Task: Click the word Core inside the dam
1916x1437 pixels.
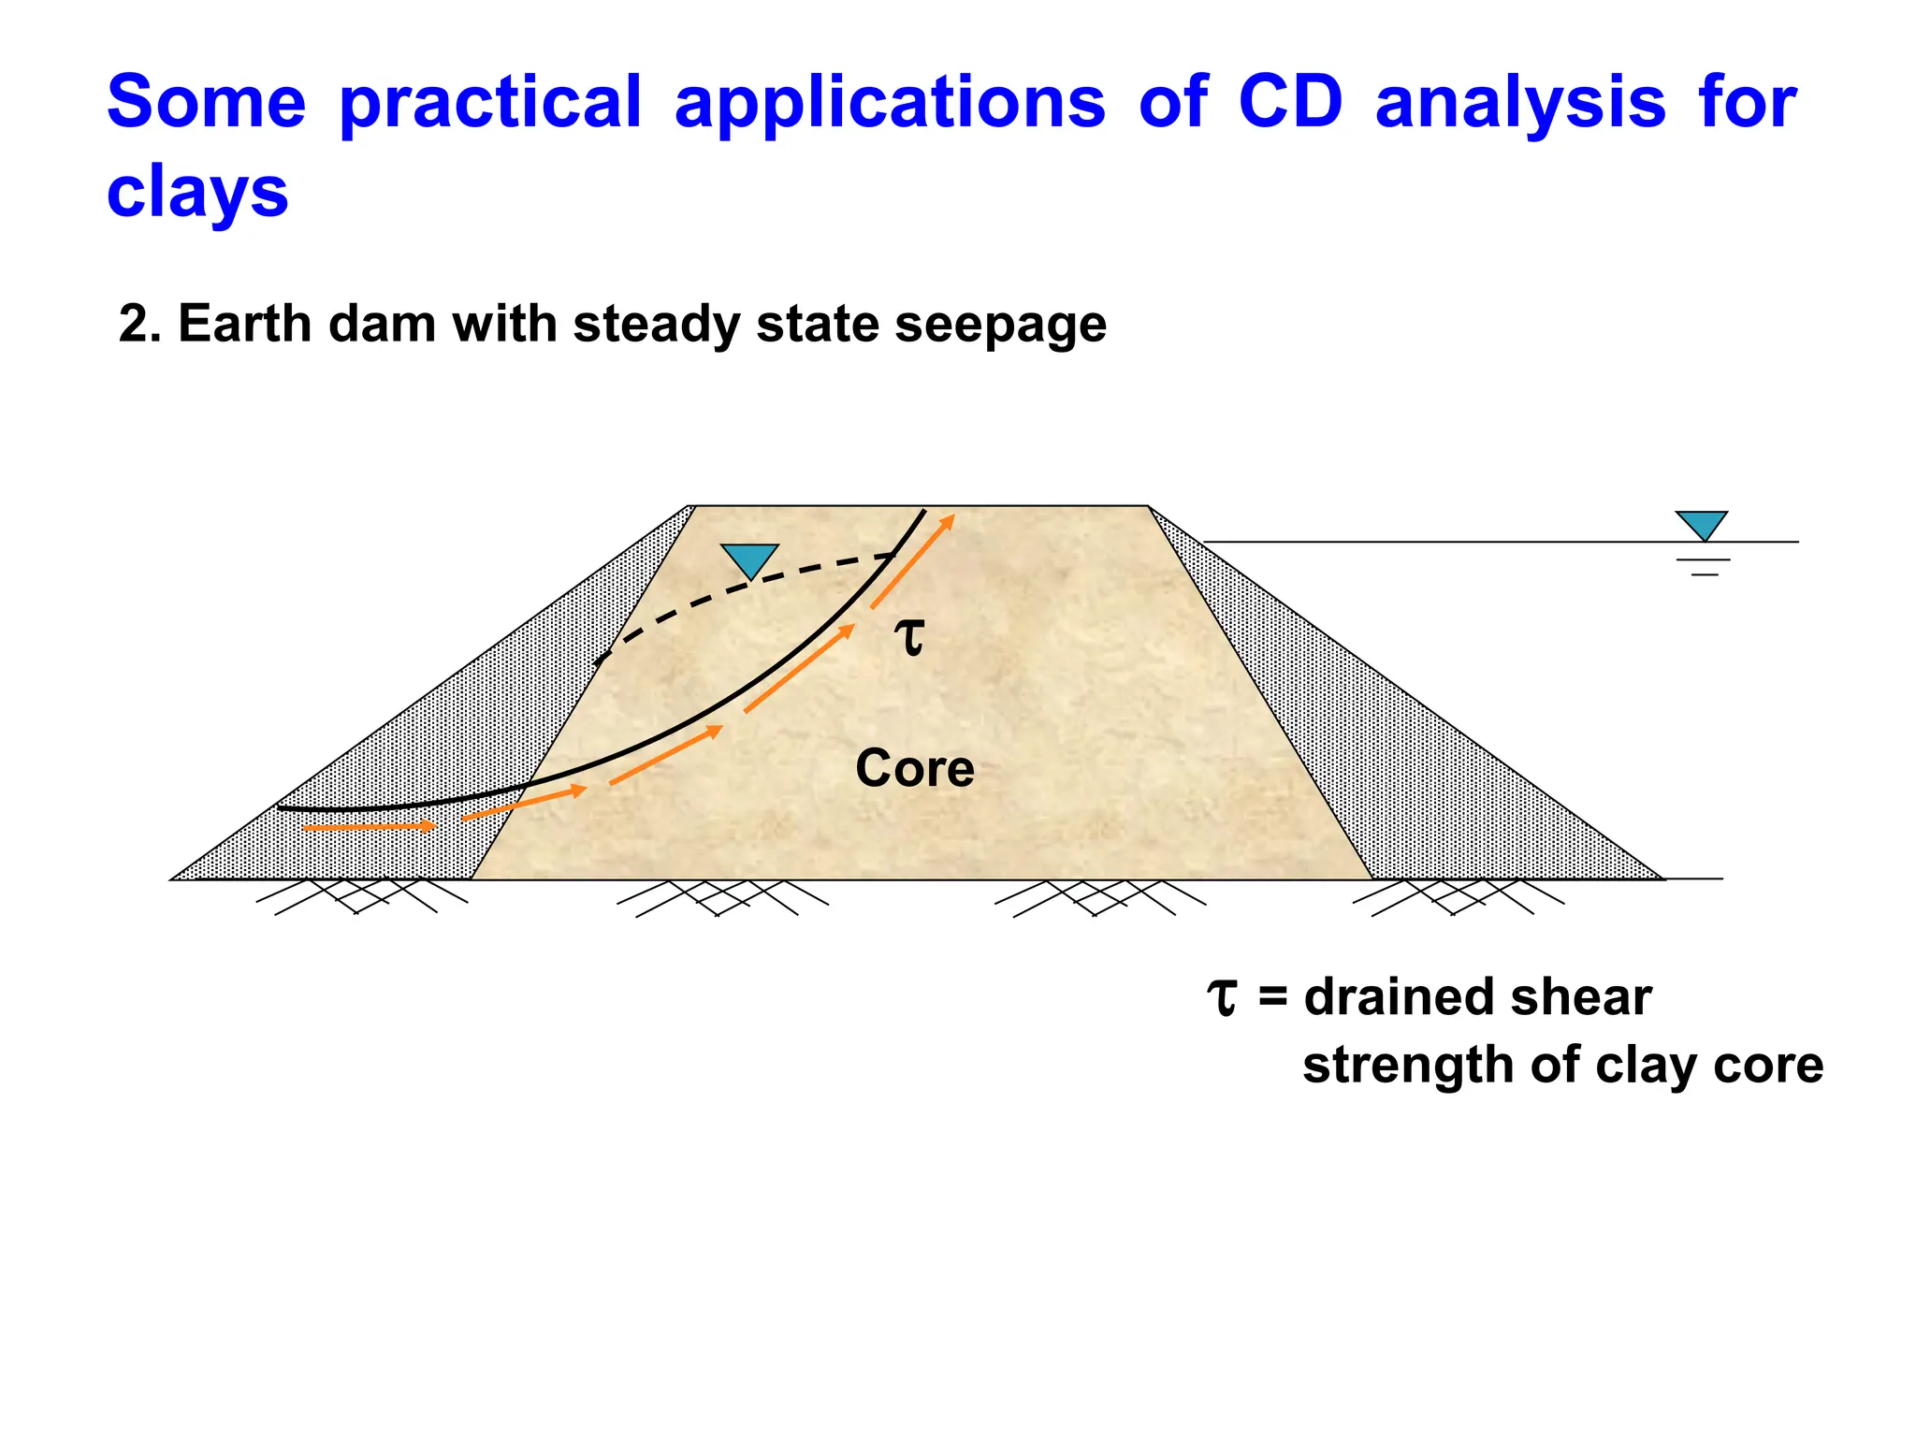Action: click(x=914, y=769)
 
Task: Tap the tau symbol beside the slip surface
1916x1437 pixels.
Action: click(x=909, y=637)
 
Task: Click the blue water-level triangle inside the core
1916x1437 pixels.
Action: click(x=750, y=559)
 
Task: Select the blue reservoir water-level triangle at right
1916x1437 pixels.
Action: click(x=1702, y=523)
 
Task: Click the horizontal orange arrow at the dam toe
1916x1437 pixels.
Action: click(x=370, y=827)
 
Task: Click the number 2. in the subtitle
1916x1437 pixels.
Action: click(x=140, y=325)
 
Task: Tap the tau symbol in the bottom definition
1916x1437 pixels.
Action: click(x=1223, y=996)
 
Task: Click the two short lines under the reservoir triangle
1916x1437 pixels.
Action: click(x=1704, y=567)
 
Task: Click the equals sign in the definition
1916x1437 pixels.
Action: click(x=1272, y=998)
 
